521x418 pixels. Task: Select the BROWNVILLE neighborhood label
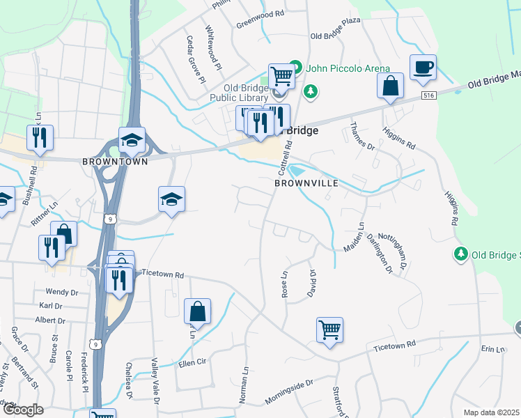click(x=306, y=183)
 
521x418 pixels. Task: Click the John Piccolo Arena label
click(x=345, y=68)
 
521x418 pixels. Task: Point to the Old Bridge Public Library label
click(x=239, y=93)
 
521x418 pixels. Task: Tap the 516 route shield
click(x=428, y=95)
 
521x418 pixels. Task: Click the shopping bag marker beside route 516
click(x=391, y=87)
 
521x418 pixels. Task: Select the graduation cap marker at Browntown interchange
click(x=132, y=141)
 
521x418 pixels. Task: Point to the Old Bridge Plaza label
click(x=335, y=37)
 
